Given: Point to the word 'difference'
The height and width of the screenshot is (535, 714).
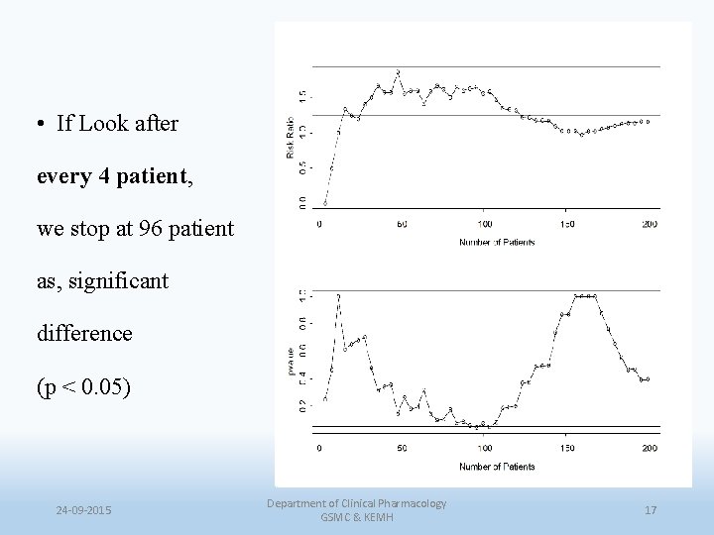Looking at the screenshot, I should click(84, 333).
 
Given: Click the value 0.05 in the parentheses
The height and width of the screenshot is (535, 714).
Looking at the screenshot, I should click(101, 385).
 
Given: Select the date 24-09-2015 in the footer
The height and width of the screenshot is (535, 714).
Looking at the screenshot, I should click(83, 510).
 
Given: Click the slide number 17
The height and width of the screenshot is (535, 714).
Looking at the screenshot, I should click(651, 510).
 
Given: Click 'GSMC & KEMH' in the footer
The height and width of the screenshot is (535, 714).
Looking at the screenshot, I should click(357, 518).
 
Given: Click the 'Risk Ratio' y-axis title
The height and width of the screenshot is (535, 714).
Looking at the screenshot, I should click(291, 137).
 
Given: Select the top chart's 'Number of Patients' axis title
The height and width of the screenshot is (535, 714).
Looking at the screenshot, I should click(496, 242).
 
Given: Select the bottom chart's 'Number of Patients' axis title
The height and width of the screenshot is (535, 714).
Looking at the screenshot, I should click(496, 466).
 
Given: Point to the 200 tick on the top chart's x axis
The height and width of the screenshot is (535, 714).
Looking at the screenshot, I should click(650, 225).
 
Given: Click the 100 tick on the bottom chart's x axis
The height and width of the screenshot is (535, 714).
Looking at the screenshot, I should click(484, 449).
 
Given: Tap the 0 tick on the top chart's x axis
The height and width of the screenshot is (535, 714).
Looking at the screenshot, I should click(319, 225).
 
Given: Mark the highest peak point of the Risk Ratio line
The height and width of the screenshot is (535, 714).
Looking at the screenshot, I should click(398, 71).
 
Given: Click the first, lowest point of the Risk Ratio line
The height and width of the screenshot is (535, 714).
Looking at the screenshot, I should click(325, 203).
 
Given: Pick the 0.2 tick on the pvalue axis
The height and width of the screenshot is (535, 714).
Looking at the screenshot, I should click(302, 405).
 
